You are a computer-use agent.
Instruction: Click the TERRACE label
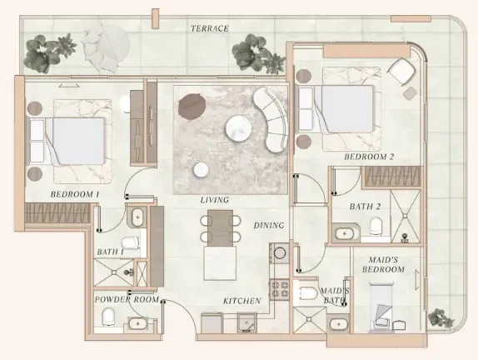tap(210, 28)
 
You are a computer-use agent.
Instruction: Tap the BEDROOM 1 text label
tap(75, 194)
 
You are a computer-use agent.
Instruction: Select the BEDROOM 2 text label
tap(369, 157)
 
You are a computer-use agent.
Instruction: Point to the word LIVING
tap(215, 200)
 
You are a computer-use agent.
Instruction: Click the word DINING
tap(269, 226)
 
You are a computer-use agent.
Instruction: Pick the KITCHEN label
tap(242, 301)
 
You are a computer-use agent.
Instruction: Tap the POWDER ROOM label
tap(127, 300)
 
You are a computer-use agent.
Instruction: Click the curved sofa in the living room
tap(271, 120)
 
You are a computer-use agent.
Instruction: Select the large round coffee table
tap(239, 128)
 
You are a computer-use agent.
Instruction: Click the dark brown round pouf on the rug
tap(192, 106)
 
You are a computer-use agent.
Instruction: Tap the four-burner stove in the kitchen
tap(279, 289)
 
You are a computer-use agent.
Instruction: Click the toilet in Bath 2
tap(376, 226)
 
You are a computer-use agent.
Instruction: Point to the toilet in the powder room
tap(108, 317)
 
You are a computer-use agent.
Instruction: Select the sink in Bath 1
tap(137, 217)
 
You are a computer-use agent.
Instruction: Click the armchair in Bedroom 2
tap(401, 72)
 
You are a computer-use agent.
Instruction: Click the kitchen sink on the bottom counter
tap(247, 323)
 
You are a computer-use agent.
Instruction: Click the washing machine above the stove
tap(279, 253)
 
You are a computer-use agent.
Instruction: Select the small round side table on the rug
tap(202, 170)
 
